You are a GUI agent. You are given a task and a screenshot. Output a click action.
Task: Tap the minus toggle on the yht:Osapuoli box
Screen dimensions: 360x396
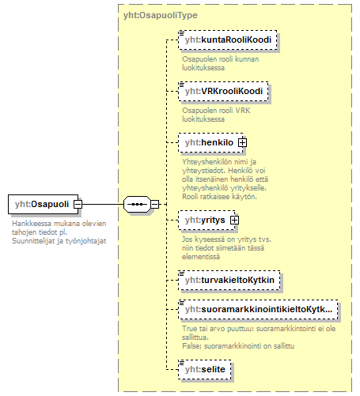(78, 204)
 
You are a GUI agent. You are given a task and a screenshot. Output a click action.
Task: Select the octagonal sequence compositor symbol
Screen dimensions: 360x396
(137, 204)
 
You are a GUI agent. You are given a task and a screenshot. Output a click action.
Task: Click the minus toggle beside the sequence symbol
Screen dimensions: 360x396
(155, 204)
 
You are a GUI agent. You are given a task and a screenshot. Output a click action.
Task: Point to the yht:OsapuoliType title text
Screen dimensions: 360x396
(161, 15)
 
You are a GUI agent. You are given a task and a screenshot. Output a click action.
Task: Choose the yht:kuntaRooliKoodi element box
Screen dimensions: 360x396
(228, 40)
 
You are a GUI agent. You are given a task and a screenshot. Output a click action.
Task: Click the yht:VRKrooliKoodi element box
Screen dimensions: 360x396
(223, 92)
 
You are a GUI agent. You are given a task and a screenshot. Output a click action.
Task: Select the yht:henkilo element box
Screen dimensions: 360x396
(210, 143)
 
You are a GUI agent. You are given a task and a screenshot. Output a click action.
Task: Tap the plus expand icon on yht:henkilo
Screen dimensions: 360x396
(242, 143)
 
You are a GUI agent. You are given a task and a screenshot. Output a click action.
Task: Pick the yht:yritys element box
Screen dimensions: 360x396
(207, 220)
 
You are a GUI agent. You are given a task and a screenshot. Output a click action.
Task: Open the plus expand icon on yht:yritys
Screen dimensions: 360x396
(234, 220)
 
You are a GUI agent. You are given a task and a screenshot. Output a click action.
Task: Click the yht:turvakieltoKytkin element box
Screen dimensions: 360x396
(229, 280)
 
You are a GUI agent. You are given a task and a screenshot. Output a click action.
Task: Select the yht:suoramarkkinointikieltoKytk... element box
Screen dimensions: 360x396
(258, 310)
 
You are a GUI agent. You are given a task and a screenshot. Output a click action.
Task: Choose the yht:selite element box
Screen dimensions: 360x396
(205, 370)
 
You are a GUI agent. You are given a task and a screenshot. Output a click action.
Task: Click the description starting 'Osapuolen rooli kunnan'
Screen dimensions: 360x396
(220, 63)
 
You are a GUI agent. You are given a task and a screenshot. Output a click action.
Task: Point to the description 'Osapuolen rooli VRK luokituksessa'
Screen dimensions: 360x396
(216, 115)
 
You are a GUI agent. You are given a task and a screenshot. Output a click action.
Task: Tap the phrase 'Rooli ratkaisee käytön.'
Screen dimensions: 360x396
(219, 197)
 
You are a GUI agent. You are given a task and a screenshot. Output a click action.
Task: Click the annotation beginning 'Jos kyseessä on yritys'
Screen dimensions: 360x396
(226, 248)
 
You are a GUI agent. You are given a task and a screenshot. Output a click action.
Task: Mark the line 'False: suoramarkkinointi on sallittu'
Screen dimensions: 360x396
(238, 346)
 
